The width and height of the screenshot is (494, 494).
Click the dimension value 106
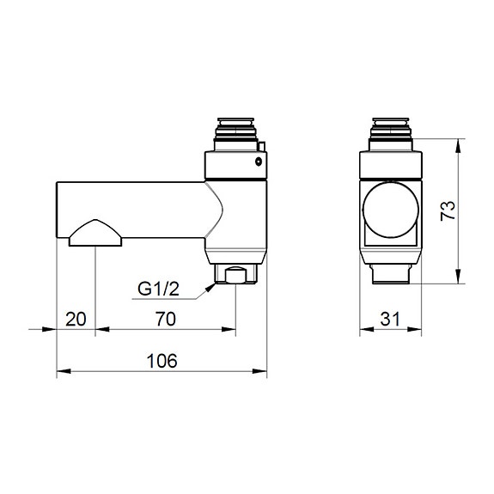[x=162, y=361]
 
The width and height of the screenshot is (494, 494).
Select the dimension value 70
[x=165, y=319]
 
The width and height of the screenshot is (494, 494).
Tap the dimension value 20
[x=76, y=319]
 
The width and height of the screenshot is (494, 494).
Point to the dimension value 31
[x=392, y=319]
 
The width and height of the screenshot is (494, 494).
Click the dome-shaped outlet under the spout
[x=95, y=233]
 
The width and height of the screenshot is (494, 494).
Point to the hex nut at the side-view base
[x=235, y=274]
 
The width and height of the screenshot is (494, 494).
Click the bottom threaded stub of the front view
[x=392, y=273]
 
